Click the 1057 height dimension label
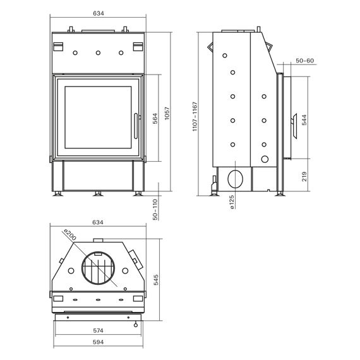(167, 113)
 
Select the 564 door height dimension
(155, 119)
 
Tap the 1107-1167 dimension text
(195, 117)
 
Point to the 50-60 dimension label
(304, 61)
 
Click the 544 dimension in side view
(304, 120)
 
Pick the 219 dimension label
(304, 177)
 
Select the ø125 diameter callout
(232, 202)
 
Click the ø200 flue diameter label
(70, 235)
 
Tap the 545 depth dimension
(156, 280)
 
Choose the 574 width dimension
(99, 330)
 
